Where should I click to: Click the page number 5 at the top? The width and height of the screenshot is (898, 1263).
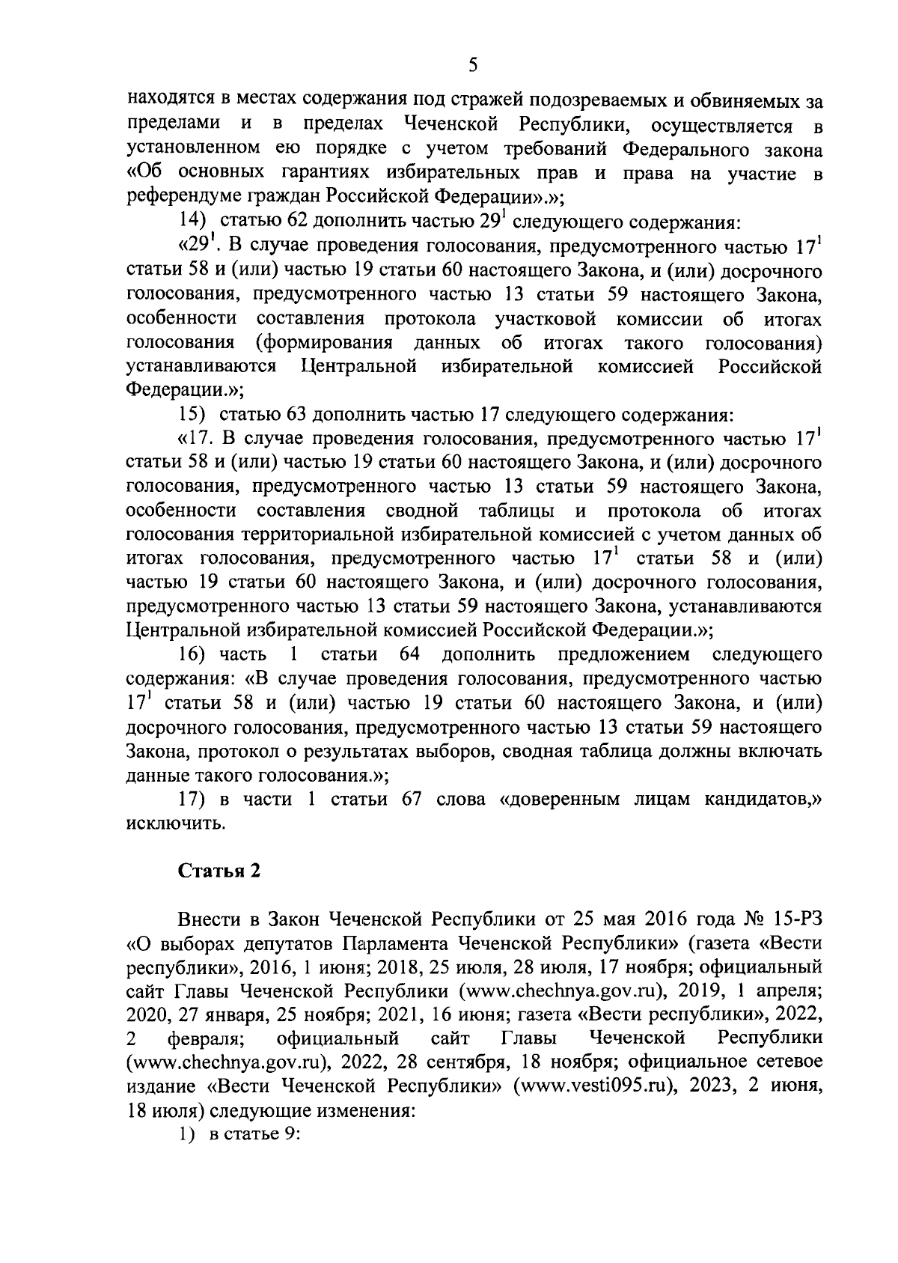[x=472, y=66]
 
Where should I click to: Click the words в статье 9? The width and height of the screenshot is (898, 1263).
[x=254, y=1134]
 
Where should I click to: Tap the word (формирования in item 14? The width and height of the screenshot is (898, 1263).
[x=324, y=344]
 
